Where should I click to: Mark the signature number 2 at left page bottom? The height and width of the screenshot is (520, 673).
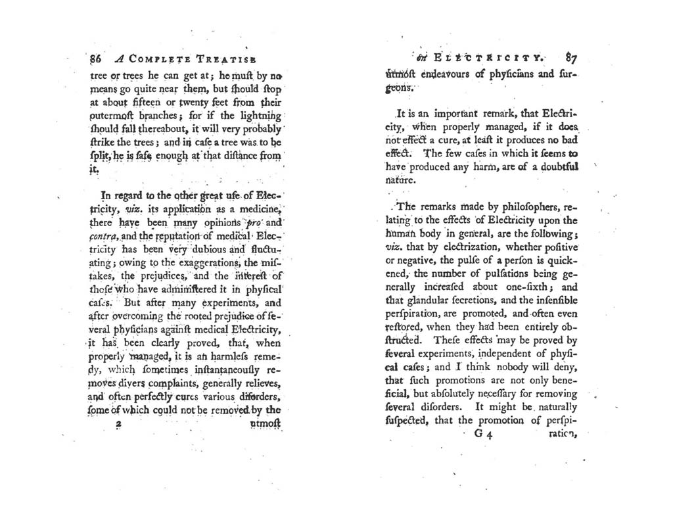click(120, 425)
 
